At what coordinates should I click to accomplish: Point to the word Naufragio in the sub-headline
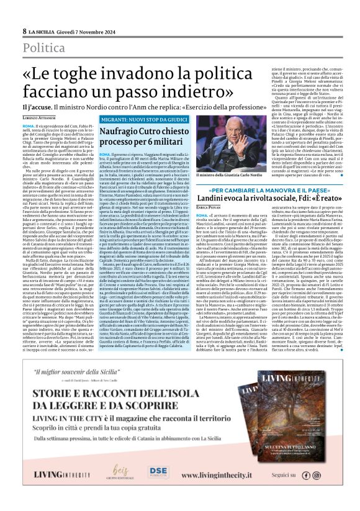pos(122,131)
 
